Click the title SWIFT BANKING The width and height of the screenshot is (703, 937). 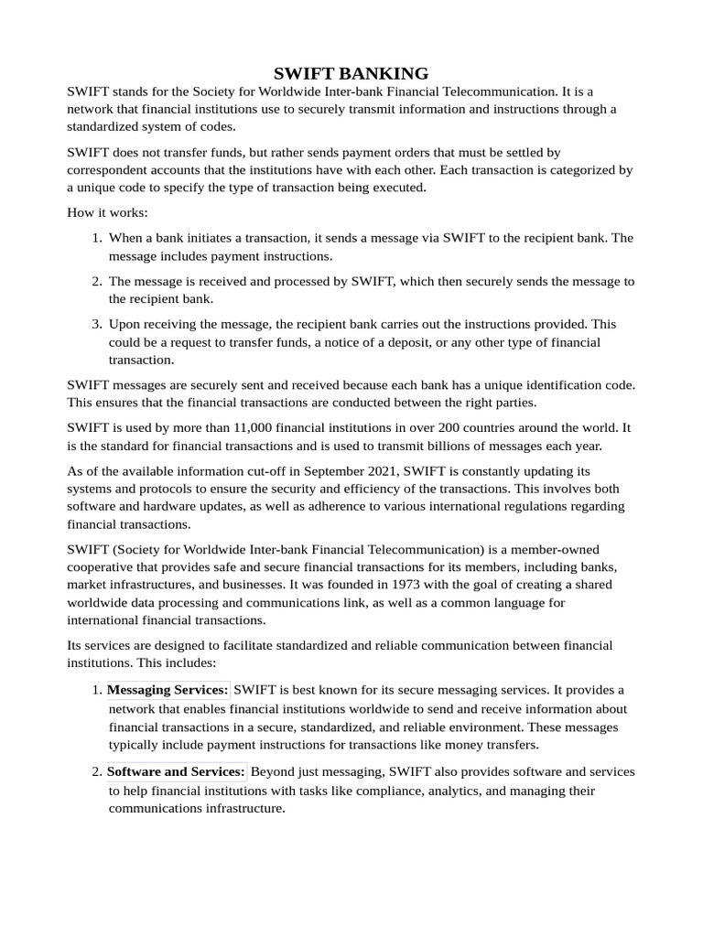coord(351,73)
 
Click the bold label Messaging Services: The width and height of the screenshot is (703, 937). coord(168,689)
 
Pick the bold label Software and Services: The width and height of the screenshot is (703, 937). coord(176,771)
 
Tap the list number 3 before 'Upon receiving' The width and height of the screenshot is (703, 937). coord(96,324)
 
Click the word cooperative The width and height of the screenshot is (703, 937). coord(105,566)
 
